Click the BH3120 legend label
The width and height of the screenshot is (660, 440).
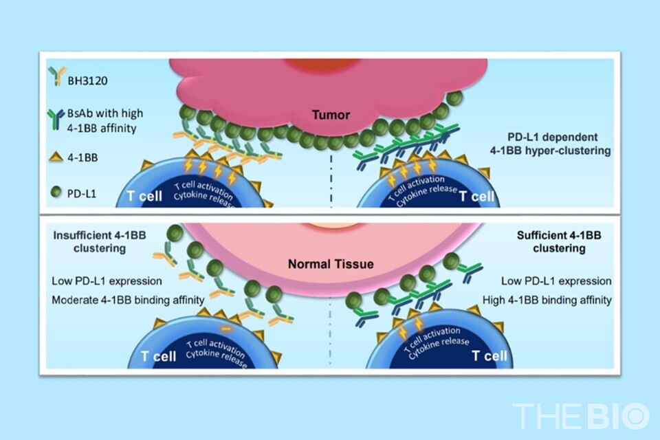point(87,80)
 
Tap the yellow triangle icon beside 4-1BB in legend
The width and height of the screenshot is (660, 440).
point(56,157)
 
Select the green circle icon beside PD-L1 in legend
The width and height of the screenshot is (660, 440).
point(56,192)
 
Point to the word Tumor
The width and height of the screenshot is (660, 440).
point(331,115)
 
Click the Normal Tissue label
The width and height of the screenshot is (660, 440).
point(331,264)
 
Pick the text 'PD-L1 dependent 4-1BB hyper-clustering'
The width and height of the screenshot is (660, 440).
point(551,144)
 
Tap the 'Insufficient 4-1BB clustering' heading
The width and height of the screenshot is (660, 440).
point(99,241)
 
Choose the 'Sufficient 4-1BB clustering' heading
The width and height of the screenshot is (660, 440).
point(559,241)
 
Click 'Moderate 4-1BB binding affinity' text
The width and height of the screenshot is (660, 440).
point(128,300)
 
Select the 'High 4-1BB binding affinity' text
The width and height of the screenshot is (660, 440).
point(547,300)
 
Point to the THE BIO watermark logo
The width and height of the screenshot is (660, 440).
point(581,416)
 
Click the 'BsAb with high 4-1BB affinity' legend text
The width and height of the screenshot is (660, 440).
point(105,120)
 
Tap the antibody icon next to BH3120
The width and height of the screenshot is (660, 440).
point(56,76)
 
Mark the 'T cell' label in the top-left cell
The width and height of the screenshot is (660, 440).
point(144,196)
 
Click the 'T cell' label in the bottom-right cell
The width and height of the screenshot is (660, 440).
point(489,356)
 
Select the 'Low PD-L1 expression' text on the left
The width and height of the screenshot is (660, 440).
point(107,280)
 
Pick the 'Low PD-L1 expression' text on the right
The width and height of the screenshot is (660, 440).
point(556,280)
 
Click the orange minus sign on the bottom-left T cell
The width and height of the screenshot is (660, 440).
point(226,329)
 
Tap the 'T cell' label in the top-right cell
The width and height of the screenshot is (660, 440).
point(477,196)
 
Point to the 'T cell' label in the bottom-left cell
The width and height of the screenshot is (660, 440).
point(158,356)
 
